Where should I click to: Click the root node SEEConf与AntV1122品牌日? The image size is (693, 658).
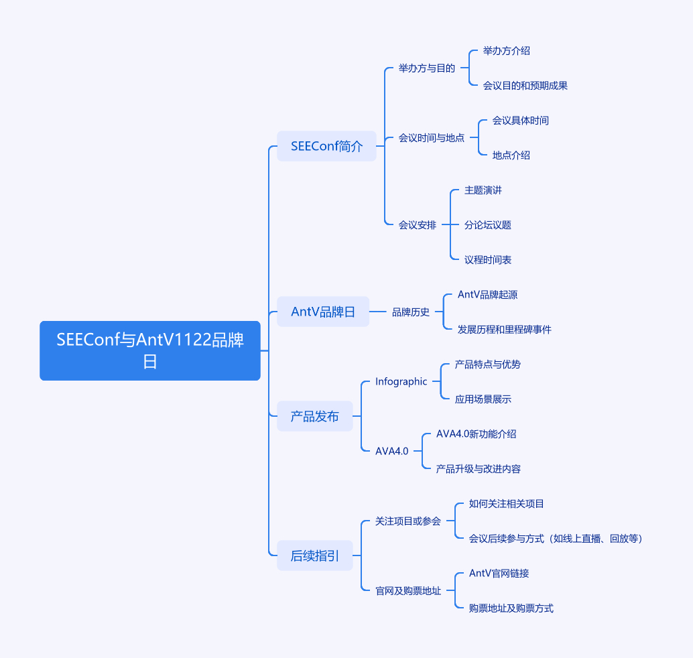[150, 350]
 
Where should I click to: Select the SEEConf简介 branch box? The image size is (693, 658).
[326, 146]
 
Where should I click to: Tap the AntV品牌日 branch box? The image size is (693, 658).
[323, 312]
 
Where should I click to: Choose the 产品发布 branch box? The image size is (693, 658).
[315, 416]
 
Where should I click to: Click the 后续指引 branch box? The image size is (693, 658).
[315, 555]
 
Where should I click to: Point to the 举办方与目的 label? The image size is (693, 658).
[426, 68]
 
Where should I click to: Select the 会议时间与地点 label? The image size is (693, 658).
[431, 137]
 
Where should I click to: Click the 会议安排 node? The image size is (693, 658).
[417, 224]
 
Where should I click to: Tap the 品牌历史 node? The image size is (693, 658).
[410, 312]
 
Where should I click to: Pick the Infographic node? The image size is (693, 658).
[401, 381]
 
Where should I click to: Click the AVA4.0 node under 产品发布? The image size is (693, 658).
[391, 451]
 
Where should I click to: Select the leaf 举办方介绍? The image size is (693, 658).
[506, 50]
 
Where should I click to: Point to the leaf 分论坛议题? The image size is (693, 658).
[487, 224]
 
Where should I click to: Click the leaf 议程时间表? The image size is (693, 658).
[487, 259]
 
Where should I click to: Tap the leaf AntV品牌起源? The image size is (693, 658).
[487, 294]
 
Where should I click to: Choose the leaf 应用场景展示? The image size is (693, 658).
[483, 399]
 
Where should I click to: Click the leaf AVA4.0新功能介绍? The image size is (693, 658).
[476, 434]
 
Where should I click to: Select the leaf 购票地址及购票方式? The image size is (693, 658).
[511, 608]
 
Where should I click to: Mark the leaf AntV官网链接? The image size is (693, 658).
[499, 573]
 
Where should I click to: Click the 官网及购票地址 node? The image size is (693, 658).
[407, 590]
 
